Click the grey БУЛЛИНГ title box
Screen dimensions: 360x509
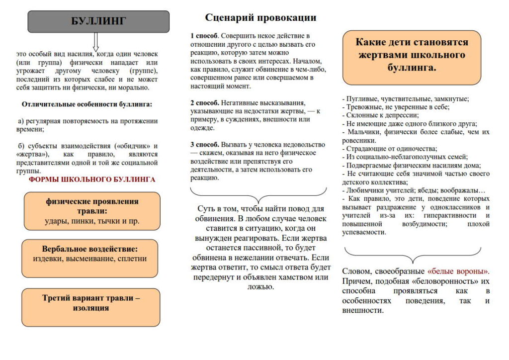click(x=98, y=21)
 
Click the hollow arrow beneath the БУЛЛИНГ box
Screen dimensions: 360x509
click(x=96, y=41)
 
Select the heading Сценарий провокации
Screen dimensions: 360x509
click(x=260, y=18)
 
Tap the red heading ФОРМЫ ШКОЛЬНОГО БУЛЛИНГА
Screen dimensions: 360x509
click(x=92, y=180)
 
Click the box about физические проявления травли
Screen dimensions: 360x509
click(x=92, y=211)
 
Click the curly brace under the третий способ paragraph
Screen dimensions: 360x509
click(x=258, y=194)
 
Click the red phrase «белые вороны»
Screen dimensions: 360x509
click(x=458, y=271)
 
